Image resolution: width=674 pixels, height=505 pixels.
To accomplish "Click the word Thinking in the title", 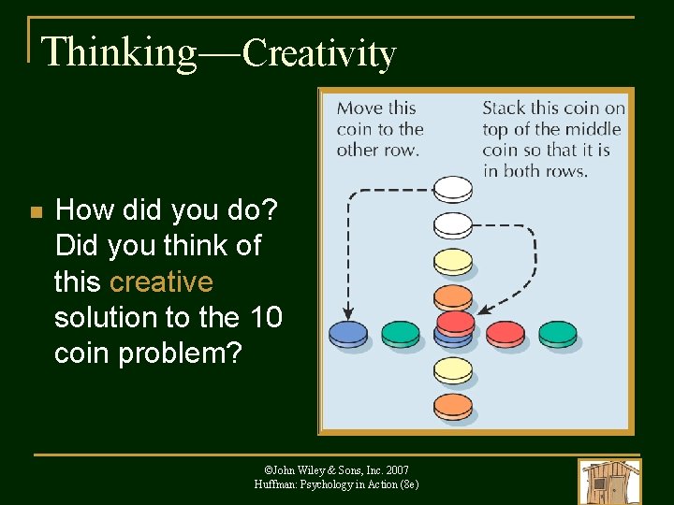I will pos(119,52).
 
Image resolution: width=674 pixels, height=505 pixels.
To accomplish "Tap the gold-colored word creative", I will pos(161,281).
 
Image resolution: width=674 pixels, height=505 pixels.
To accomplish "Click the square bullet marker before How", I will pos(36,213).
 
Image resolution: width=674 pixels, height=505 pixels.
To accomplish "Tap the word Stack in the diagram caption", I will pos(504,108).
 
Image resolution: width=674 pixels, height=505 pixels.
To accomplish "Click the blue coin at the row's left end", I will pos(348,332).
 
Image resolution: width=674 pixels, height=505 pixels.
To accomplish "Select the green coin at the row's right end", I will pos(558,332).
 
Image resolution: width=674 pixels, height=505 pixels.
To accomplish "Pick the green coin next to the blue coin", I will pos(401,332).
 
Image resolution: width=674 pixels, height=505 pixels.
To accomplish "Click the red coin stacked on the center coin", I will pos(455,323).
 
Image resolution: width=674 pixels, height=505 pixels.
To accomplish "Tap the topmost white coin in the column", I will pos(454,190).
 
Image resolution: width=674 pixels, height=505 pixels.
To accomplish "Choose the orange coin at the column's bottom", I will pos(454,407).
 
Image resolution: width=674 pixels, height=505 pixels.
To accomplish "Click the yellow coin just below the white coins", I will pos(454,261).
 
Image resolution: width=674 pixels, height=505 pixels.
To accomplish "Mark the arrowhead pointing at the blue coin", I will pos(347,312).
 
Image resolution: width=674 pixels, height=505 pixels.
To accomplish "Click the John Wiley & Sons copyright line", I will pos(336,469).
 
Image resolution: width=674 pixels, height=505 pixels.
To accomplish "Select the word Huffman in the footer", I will pos(277,484).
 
